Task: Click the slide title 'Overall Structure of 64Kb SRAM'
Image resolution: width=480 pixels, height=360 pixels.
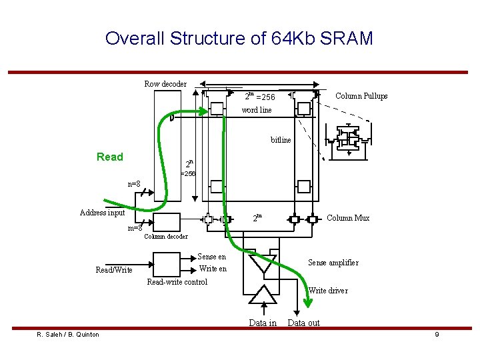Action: (239, 38)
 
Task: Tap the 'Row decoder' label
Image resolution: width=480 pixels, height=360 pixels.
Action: (165, 84)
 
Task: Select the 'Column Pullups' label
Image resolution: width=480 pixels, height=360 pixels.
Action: (361, 96)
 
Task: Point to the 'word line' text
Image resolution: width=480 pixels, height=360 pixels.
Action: (257, 110)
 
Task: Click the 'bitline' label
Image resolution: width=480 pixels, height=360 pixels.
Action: (281, 140)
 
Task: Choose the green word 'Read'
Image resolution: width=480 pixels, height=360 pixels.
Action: (110, 157)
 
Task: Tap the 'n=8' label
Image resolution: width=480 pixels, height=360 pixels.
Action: (134, 183)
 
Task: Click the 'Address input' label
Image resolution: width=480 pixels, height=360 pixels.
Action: (102, 213)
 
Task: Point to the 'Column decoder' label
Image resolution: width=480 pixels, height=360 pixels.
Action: (166, 237)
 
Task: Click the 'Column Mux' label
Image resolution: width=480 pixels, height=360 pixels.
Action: (348, 218)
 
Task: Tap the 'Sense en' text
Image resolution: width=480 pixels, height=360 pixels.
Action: (212, 257)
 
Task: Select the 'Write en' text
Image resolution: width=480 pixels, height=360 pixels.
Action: (213, 269)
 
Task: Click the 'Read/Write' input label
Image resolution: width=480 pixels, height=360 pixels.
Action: (114, 270)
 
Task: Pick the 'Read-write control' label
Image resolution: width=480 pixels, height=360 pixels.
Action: (177, 282)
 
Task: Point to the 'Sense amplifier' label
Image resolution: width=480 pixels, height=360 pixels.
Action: (333, 263)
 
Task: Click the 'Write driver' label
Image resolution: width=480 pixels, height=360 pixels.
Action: (328, 291)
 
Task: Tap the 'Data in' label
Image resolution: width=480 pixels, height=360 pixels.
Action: (263, 323)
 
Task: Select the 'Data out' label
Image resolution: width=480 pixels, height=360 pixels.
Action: (303, 323)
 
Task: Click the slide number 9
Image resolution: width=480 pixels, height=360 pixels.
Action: (437, 334)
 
